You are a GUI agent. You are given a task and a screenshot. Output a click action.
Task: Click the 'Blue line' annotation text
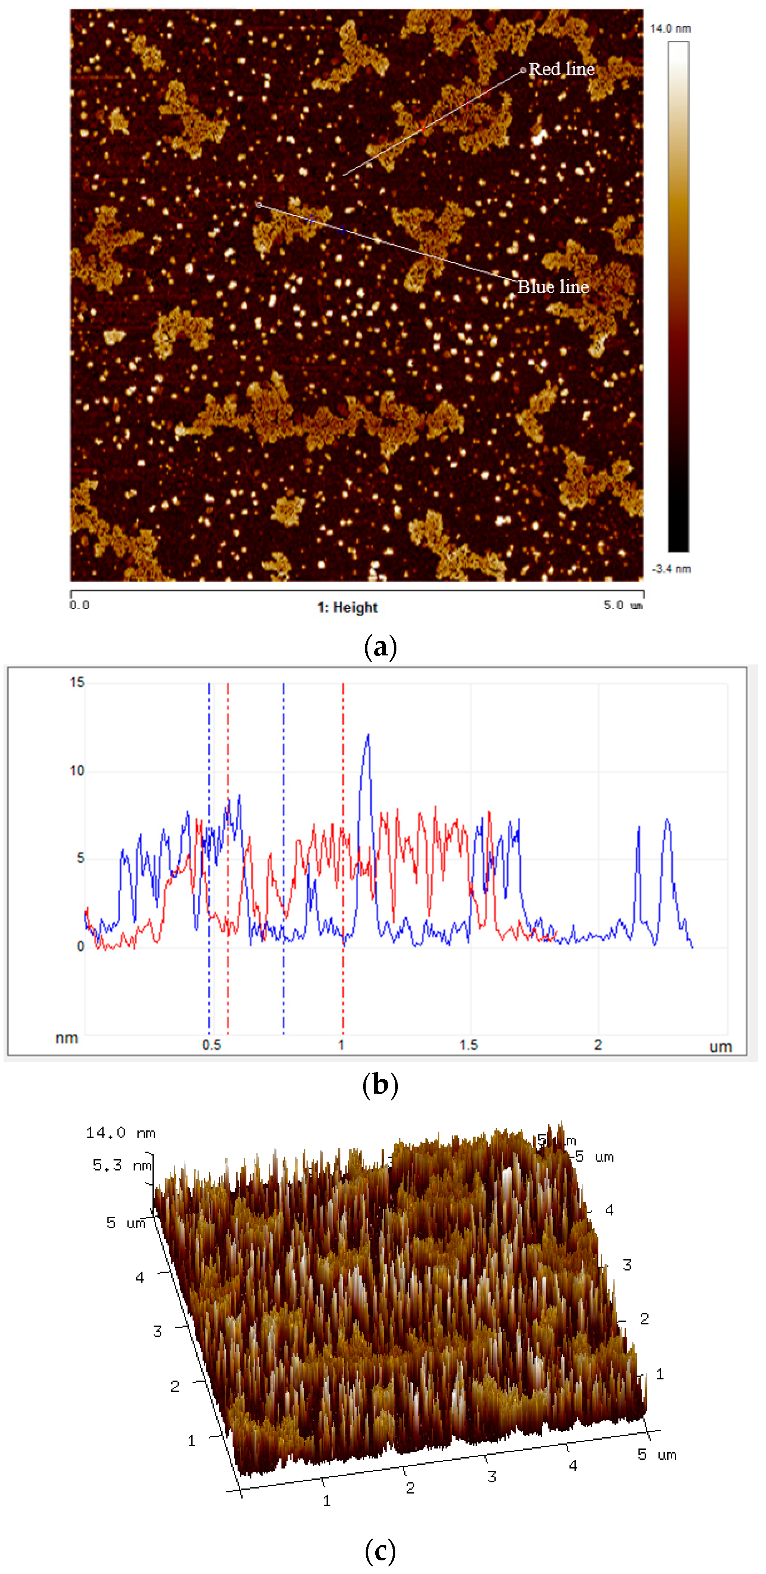[553, 287]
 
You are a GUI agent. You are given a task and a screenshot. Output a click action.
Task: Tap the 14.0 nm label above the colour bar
[670, 29]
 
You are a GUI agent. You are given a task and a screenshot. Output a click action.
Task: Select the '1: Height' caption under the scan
[347, 607]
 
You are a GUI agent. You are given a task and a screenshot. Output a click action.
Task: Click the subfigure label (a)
[380, 646]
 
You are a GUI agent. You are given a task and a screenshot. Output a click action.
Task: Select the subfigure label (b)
[380, 1085]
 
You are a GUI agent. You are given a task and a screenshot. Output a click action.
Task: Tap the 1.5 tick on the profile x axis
[469, 1045]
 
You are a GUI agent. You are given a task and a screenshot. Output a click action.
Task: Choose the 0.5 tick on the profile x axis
[212, 1045]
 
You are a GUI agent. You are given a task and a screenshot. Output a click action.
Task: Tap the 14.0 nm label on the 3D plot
[120, 1133]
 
